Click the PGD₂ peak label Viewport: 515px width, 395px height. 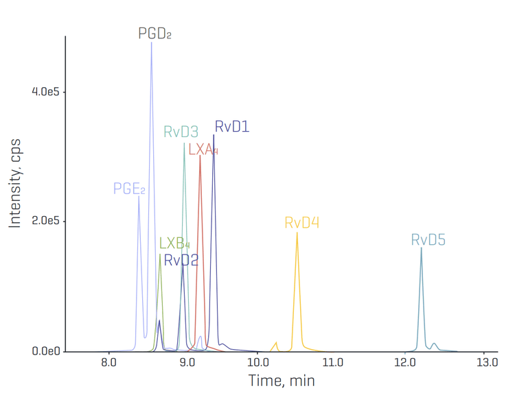click(x=154, y=33)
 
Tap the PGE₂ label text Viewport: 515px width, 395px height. click(x=129, y=189)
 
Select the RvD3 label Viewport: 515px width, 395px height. click(x=181, y=132)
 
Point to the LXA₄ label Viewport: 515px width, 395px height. click(x=203, y=149)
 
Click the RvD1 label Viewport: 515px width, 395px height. click(x=231, y=127)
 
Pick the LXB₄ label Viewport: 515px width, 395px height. click(x=174, y=243)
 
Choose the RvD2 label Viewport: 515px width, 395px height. click(x=181, y=260)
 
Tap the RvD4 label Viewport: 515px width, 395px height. click(x=301, y=223)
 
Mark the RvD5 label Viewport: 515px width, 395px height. click(x=428, y=240)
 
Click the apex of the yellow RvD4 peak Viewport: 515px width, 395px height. click(x=297, y=233)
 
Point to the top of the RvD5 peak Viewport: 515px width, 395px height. click(x=421, y=248)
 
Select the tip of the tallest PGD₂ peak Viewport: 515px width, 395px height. click(x=152, y=43)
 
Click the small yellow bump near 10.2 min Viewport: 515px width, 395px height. click(x=276, y=342)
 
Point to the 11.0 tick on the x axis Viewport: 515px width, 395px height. click(x=332, y=362)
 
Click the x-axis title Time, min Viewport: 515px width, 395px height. click(x=281, y=380)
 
